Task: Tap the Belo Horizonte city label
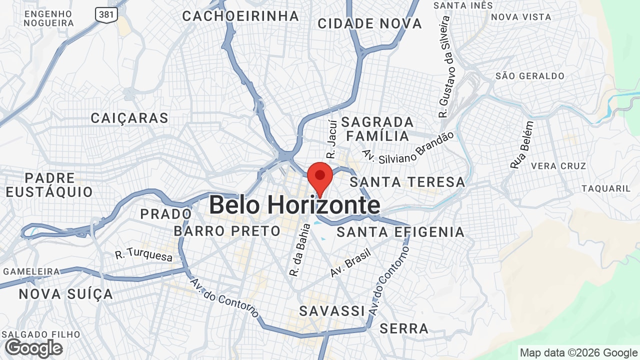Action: point(294,205)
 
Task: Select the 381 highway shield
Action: point(106,14)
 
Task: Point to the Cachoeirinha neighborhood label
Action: point(240,16)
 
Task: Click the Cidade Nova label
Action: point(369,23)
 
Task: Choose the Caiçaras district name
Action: point(129,118)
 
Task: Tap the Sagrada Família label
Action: point(377,129)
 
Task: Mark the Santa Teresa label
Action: point(407,182)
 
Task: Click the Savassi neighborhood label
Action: point(332,311)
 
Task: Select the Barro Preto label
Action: point(227,231)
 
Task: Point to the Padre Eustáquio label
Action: point(49,185)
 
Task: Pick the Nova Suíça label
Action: point(66,294)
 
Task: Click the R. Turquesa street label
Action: point(143,254)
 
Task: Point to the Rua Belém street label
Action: point(522,144)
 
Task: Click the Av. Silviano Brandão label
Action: point(408,148)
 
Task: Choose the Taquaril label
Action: point(606,188)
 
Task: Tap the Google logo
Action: point(33,348)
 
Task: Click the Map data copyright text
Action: point(578,352)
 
